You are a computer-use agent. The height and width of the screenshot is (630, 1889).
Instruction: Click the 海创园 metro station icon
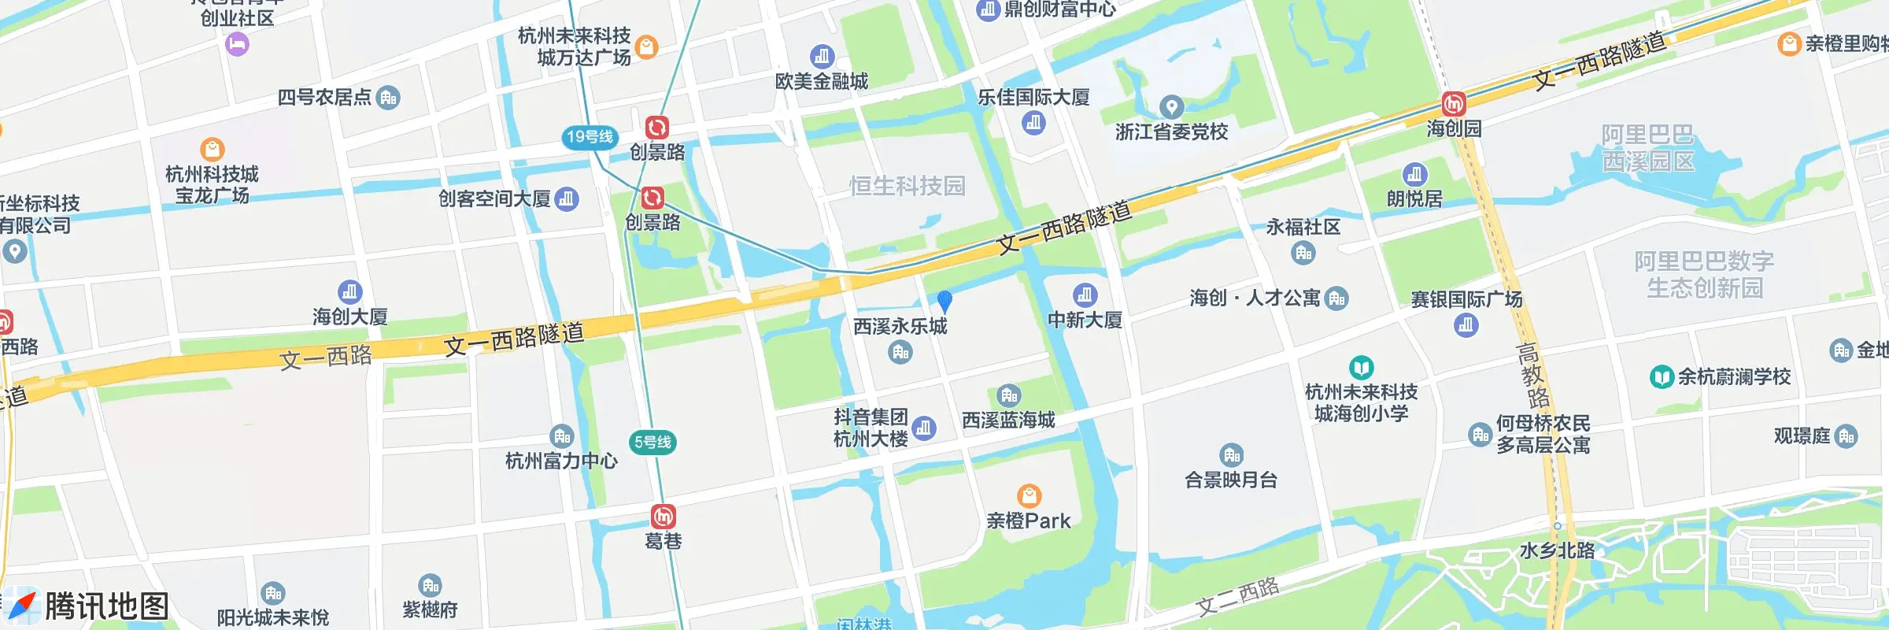(x=1453, y=103)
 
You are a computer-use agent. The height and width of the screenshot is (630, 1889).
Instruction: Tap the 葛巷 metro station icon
(x=663, y=517)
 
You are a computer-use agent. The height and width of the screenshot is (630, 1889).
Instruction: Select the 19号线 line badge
(x=590, y=137)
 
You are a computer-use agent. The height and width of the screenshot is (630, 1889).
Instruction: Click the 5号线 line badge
(x=652, y=443)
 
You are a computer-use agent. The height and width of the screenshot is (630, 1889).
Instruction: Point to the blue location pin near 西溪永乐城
(x=944, y=300)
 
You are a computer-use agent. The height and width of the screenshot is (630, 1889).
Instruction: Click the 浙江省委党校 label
(x=1171, y=132)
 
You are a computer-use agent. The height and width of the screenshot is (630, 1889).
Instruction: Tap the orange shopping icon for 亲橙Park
(x=1029, y=495)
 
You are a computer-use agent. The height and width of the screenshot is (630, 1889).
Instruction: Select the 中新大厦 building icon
(x=1085, y=295)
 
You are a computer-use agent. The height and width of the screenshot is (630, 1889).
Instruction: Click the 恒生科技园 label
(x=907, y=186)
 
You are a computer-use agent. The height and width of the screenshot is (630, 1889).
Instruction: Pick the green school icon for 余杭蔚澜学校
(x=1661, y=377)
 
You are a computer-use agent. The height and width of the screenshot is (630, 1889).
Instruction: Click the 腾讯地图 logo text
(x=106, y=606)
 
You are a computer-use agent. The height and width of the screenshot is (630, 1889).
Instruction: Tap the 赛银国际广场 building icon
(x=1466, y=324)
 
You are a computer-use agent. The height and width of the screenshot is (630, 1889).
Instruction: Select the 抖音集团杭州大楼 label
(x=871, y=428)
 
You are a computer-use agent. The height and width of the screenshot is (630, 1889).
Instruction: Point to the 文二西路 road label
(x=1237, y=596)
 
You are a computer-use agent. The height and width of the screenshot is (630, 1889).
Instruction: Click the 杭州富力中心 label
(x=561, y=461)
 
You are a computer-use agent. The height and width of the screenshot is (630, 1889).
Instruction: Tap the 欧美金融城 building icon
(x=822, y=57)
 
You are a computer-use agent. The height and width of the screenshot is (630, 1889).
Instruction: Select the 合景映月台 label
(x=1231, y=480)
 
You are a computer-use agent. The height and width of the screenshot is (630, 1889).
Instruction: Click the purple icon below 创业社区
(x=237, y=44)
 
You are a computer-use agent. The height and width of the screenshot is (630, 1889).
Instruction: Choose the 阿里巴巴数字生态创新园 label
(x=1704, y=274)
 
